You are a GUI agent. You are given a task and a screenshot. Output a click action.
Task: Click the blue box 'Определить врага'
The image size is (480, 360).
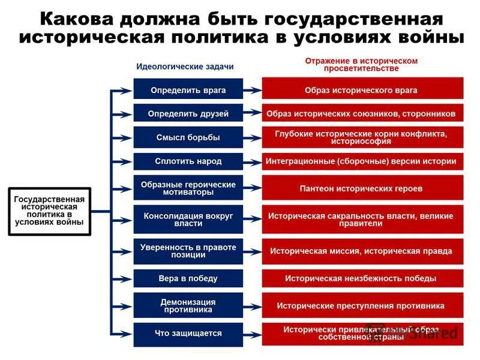coord(188,91)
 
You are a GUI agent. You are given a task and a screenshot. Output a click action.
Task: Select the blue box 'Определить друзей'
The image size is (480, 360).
coord(188,113)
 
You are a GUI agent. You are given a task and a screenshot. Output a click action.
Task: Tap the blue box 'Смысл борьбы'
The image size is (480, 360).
coord(188,137)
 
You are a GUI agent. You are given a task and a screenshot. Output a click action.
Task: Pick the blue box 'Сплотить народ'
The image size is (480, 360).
coord(188,161)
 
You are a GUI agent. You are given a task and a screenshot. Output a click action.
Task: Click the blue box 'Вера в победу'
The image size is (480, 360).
coord(188,278)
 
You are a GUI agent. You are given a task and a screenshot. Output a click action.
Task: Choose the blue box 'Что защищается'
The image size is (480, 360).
coord(188,334)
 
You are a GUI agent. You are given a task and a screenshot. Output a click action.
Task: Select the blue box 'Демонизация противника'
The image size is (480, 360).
coord(188,306)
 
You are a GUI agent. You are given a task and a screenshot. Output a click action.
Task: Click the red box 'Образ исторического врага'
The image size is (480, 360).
coord(361,91)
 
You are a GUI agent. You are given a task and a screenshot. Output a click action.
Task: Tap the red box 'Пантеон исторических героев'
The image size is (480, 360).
coord(361,188)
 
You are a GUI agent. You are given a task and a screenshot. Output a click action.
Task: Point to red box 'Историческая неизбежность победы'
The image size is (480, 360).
coord(361,278)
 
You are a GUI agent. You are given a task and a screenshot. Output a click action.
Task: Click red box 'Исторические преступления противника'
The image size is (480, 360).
coord(361,306)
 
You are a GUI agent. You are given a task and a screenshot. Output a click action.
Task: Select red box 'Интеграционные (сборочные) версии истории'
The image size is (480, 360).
coord(361,161)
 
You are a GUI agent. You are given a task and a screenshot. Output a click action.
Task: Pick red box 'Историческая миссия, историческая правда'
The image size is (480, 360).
coord(361,251)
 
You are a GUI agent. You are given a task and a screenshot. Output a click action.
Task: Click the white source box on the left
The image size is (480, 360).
coord(49,211)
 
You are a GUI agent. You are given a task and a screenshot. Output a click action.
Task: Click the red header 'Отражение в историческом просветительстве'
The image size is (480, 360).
coord(361,65)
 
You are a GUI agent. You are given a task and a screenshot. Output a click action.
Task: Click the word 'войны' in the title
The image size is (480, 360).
coord(433,37)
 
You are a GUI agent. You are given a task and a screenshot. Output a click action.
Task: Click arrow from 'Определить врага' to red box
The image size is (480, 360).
coord(253,91)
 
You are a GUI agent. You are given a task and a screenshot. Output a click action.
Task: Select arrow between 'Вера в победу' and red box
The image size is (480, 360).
coord(253,278)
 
